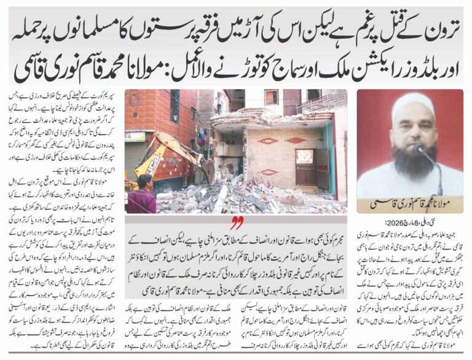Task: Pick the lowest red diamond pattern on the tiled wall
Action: tap(270, 173)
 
